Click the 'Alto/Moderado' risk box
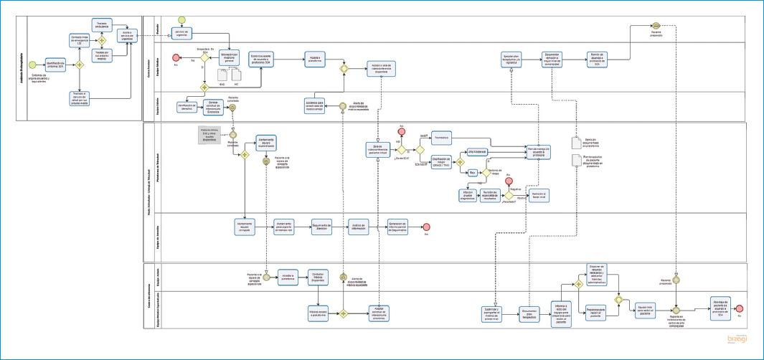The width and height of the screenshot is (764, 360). coord(478,152)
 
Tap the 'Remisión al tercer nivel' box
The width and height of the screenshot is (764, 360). coord(539,196)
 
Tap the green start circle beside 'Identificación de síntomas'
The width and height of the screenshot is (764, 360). coord(32,65)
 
